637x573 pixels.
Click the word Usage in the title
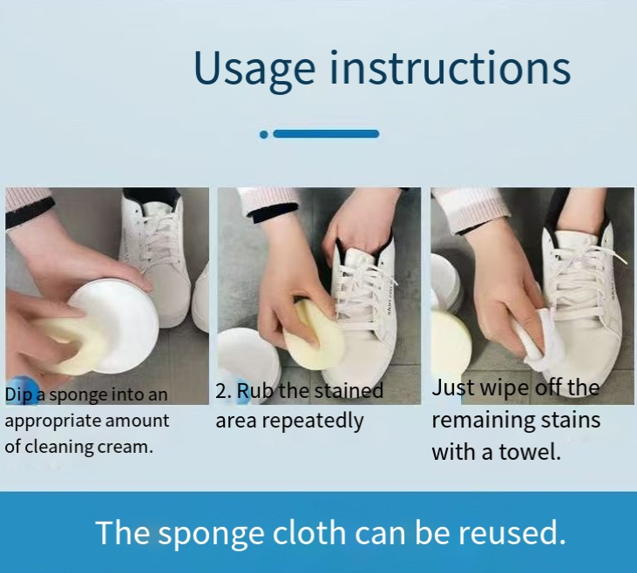(254, 68)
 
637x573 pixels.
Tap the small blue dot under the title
(264, 134)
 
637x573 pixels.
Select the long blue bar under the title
(326, 134)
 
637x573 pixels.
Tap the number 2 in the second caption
(222, 391)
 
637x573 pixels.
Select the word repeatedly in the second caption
(313, 421)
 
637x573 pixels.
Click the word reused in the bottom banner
(512, 532)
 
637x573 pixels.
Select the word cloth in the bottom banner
(309, 532)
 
